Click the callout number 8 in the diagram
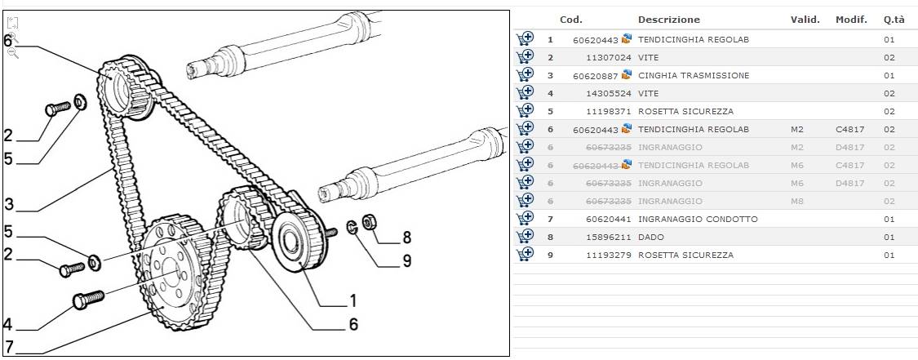coord(406,239)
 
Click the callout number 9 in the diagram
coord(406,261)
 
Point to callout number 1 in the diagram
coord(353,299)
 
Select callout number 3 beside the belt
coord(8,202)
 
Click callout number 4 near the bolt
coord(8,324)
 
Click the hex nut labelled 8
coord(368,223)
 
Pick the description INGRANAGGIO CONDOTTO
coord(698,220)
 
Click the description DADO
coord(651,238)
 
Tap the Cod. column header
coord(571,20)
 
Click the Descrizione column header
coord(668,20)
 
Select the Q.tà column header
coord(893,20)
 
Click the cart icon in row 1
coord(525,39)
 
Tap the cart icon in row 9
coord(525,255)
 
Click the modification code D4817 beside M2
coord(849,148)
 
